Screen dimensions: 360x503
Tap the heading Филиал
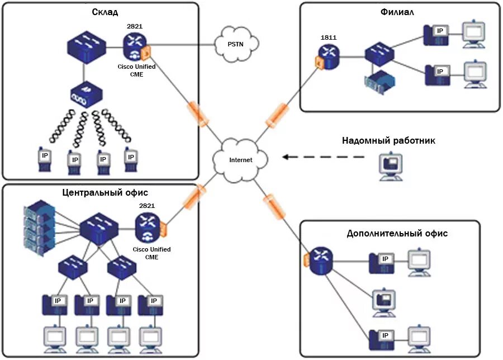click(397, 13)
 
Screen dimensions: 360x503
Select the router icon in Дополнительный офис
click(321, 261)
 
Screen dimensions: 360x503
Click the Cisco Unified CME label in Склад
click(136, 70)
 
